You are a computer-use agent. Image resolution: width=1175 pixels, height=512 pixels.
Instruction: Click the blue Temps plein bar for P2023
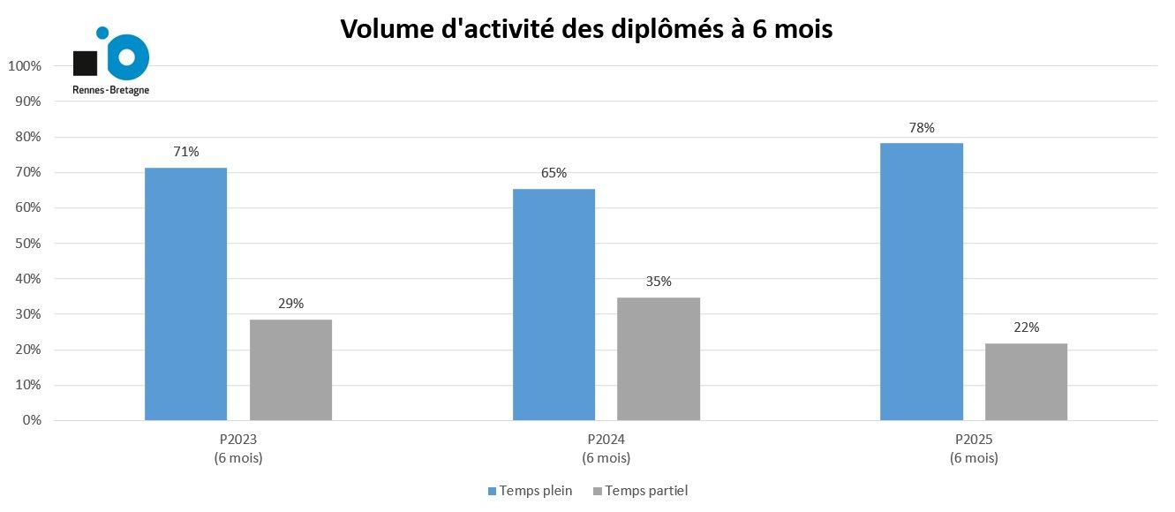click(185, 294)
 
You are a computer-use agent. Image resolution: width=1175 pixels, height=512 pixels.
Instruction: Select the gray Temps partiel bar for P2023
click(290, 370)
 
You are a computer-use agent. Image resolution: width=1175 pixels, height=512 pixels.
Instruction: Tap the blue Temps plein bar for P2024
click(554, 305)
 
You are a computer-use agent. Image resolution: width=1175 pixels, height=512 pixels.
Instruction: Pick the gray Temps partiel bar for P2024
click(659, 358)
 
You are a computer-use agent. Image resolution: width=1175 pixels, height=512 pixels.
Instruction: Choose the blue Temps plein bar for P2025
click(922, 282)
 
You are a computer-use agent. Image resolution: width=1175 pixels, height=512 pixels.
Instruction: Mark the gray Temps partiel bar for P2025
click(1026, 381)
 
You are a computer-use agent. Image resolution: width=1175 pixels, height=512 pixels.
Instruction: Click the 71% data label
click(186, 152)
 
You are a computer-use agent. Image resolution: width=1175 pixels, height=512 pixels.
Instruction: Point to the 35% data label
click(659, 282)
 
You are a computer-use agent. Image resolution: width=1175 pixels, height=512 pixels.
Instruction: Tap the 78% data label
click(922, 128)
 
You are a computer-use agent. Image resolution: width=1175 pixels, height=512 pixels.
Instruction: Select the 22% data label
click(1026, 328)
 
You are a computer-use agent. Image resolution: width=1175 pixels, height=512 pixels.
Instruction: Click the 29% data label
click(290, 304)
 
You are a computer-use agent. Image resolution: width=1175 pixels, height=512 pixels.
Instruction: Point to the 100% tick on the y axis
click(24, 66)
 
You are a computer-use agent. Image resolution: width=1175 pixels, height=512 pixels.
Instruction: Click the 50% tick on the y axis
click(27, 244)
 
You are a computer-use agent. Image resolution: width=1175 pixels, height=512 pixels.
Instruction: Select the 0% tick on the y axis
click(31, 420)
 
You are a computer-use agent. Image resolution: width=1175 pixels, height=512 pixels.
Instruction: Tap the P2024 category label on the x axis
click(606, 440)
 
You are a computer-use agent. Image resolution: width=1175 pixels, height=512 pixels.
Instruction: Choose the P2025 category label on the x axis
click(975, 440)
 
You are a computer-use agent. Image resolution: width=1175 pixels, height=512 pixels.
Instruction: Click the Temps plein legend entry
click(530, 491)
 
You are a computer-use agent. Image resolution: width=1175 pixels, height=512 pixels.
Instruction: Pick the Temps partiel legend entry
click(641, 491)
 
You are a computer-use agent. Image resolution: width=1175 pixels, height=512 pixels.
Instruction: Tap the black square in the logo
click(85, 63)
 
